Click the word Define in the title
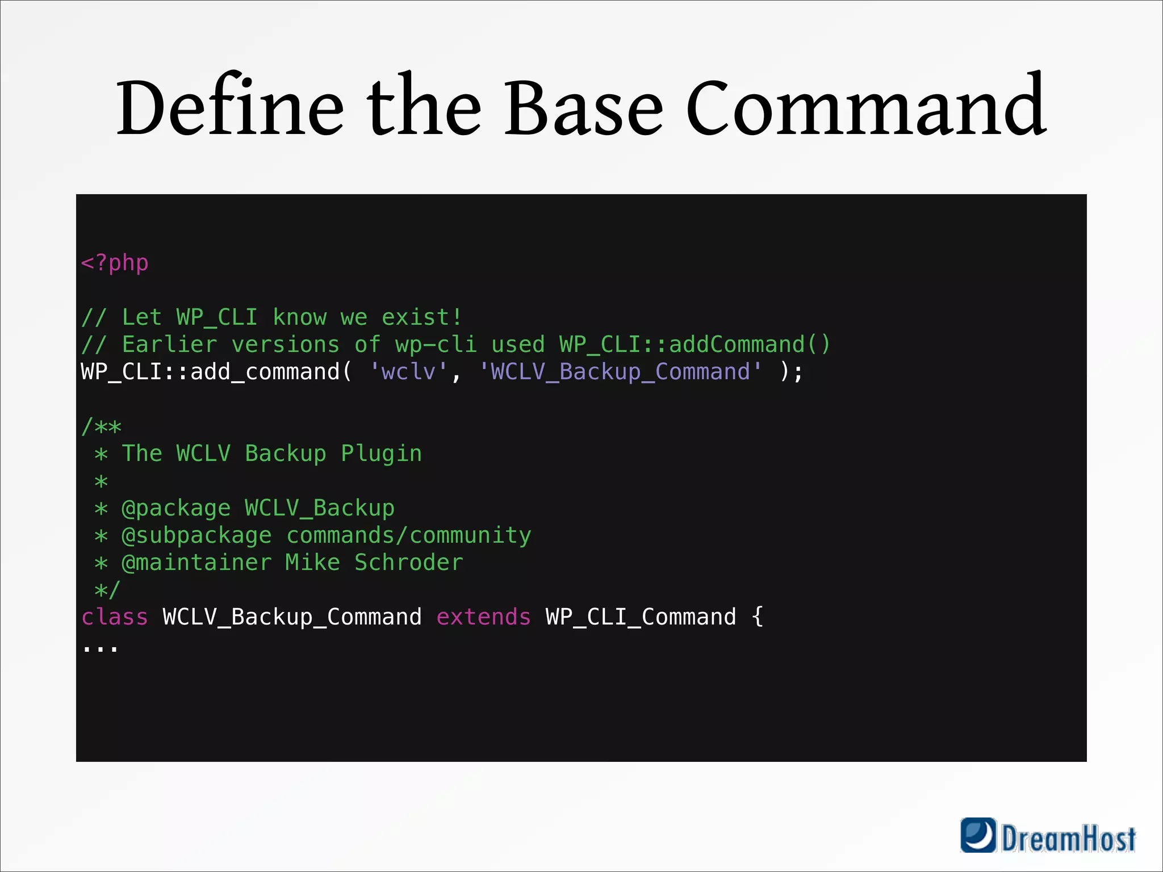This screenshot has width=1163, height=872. point(229,108)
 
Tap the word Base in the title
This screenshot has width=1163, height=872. point(583,108)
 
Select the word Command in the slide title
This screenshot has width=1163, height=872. point(865,108)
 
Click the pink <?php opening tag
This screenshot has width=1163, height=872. point(115,263)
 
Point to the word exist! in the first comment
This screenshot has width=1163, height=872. point(422,317)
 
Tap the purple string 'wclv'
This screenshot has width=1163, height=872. point(409,372)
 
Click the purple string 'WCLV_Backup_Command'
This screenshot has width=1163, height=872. point(620,372)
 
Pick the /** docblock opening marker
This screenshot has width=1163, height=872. point(102,426)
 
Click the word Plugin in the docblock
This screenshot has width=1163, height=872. point(382,454)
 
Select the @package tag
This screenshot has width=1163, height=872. point(177,508)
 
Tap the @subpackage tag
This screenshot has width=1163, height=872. point(197,535)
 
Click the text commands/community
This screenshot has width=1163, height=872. point(409,535)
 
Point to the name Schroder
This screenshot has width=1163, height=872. point(409,563)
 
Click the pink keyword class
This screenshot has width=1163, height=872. point(115,617)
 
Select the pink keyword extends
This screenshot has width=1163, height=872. point(484,617)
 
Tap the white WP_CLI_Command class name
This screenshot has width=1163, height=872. point(641,617)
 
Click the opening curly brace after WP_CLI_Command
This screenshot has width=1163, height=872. point(758,617)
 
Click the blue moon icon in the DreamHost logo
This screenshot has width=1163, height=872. point(978,835)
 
